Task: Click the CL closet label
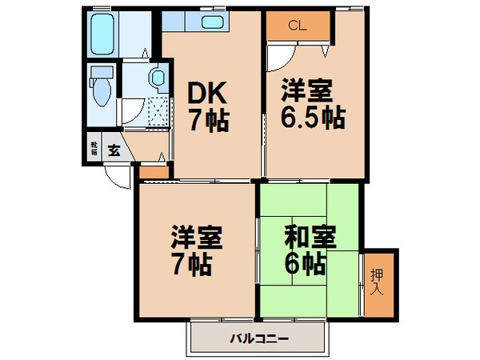point(296,25)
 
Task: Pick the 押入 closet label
point(378,279)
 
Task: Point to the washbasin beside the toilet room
point(157,78)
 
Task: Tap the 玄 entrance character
point(114,150)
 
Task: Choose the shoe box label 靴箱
point(94,149)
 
